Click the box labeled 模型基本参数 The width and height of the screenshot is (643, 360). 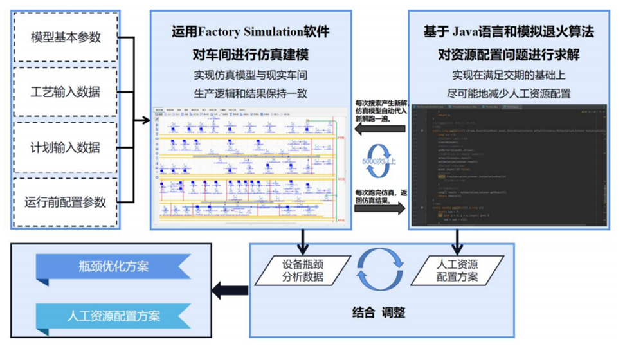[x=66, y=37]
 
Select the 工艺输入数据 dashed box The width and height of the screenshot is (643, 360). [x=66, y=92]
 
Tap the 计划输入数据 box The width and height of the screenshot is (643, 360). [x=66, y=147]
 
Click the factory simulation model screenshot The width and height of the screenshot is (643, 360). [x=251, y=165]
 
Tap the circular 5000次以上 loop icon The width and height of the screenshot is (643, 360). [x=379, y=158]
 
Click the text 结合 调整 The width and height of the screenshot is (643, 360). [x=379, y=313]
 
